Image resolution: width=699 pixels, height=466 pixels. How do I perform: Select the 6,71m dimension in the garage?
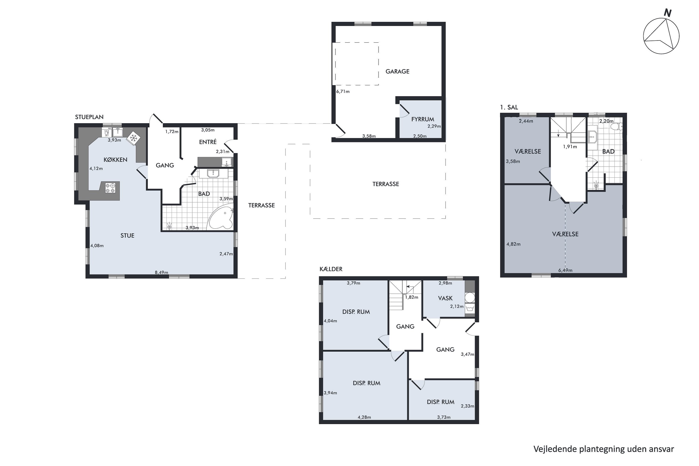[343, 92]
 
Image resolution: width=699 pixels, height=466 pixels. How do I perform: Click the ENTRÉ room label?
[208, 142]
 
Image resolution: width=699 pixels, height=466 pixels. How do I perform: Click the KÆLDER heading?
[331, 269]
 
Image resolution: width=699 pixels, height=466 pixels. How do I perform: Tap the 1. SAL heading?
[509, 107]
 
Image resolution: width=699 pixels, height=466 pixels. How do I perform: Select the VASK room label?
[445, 298]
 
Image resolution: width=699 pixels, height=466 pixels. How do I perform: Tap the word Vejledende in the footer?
[555, 449]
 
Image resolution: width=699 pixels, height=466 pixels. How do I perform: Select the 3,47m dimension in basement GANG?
[467, 354]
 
